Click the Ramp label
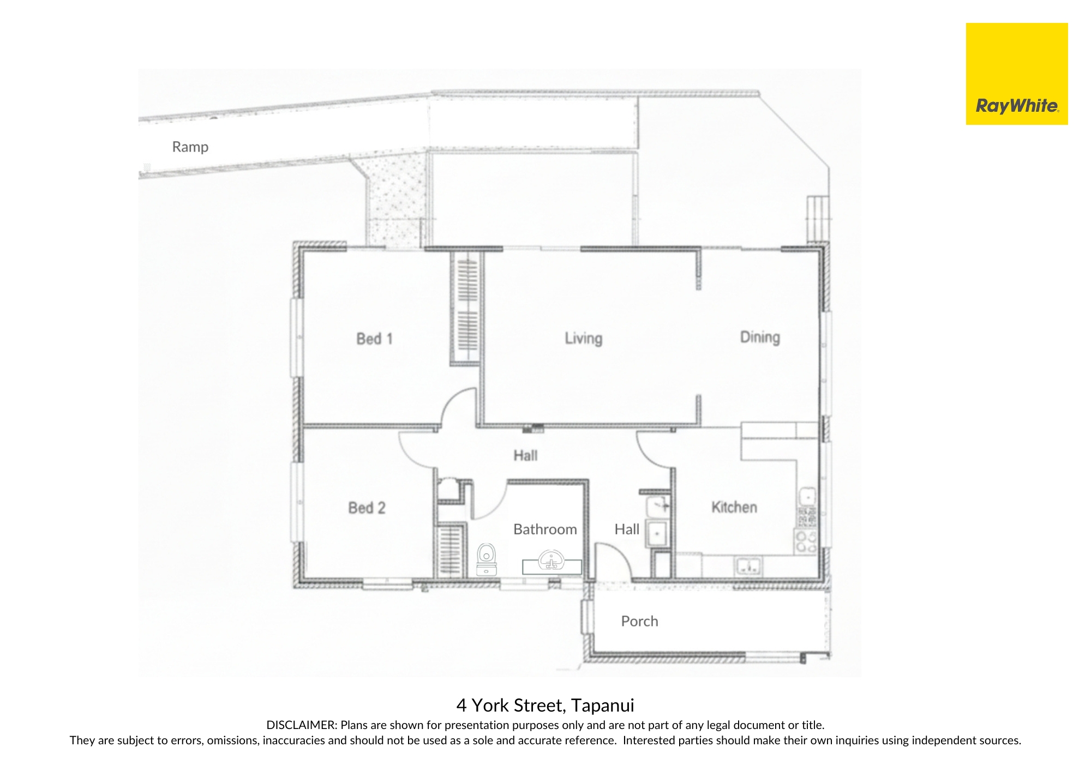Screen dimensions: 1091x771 (190, 147)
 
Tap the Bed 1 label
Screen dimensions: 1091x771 (374, 339)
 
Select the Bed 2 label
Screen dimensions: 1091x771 (367, 508)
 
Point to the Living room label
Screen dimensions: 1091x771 (584, 339)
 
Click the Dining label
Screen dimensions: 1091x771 (760, 337)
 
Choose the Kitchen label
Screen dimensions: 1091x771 (734, 507)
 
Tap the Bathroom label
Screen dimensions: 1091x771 (545, 529)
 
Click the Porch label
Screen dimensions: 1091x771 (639, 621)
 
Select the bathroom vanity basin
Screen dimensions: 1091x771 (552, 562)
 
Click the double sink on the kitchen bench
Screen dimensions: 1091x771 (748, 567)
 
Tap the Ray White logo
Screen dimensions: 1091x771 (1017, 74)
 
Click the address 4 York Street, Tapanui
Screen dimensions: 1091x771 (545, 706)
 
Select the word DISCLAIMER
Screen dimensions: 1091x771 (301, 725)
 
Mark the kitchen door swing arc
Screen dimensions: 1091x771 (646, 455)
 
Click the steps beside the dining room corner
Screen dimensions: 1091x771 (818, 218)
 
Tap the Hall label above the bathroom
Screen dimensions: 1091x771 (525, 455)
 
